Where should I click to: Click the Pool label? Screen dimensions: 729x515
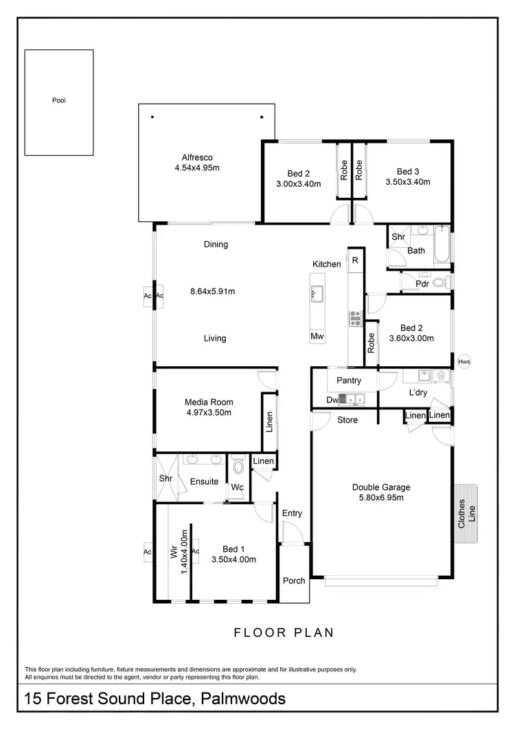[59, 100]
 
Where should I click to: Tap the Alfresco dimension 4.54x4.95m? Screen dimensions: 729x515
[201, 167]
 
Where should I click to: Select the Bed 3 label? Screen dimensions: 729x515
[408, 172]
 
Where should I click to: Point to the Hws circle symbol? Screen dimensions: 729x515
[464, 361]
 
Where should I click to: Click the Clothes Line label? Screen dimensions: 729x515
[466, 513]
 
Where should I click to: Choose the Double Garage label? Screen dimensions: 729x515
[381, 487]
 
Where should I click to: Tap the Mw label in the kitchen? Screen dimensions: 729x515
[317, 337]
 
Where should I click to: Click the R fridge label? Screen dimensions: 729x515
[355, 260]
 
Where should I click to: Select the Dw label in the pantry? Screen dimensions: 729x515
[332, 399]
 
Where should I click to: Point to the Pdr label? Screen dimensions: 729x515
[423, 282]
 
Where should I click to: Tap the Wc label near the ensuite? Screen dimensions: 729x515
[237, 486]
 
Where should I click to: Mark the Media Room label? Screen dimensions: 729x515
[209, 402]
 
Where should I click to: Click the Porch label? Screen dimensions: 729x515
[294, 581]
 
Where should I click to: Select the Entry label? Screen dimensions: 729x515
[292, 513]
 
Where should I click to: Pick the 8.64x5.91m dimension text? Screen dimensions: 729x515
[212, 291]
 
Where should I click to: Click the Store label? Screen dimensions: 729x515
[347, 420]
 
